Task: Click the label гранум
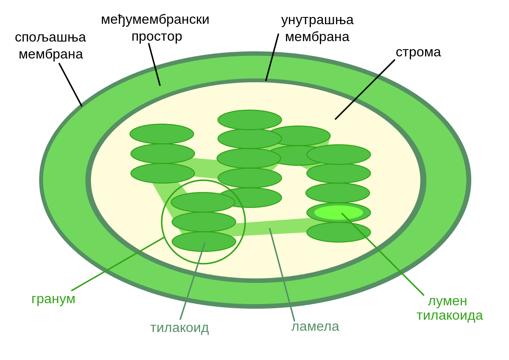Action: (53, 299)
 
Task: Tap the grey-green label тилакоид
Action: (179, 328)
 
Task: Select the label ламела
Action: (315, 326)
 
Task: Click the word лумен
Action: (447, 301)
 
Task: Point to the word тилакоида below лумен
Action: (450, 315)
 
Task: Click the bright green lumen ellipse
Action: (338, 212)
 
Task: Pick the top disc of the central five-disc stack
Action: (249, 120)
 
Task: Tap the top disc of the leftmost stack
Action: (162, 134)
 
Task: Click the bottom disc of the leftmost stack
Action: (162, 173)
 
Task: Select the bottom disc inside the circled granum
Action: (204, 241)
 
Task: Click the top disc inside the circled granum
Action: (203, 202)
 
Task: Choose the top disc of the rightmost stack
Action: (338, 154)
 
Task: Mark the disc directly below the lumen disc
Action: (338, 232)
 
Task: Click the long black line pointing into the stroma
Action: (357, 97)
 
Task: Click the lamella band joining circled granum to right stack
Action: (271, 227)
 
